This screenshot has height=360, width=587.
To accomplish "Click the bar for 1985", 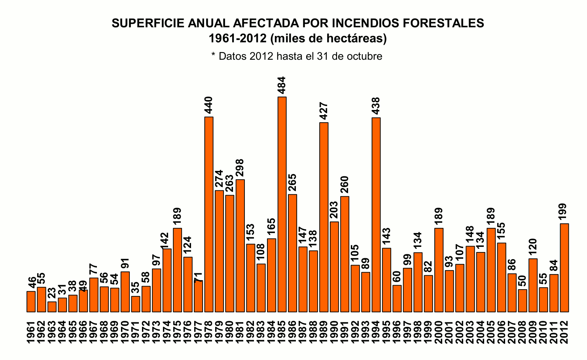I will [282, 204].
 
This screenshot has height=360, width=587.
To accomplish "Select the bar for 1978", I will [209, 214].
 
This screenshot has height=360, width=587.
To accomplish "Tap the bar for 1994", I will [376, 214].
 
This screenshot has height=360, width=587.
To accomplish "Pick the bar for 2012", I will [564, 267].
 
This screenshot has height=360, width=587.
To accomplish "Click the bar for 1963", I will [52, 307].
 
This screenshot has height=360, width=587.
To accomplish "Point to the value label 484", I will [282, 85].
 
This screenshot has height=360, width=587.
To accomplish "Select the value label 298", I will [240, 169].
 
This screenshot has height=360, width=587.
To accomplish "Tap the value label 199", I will [563, 212].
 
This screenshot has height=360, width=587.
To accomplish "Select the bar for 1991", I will [345, 254].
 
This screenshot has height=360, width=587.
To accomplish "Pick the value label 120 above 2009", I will [532, 248].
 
